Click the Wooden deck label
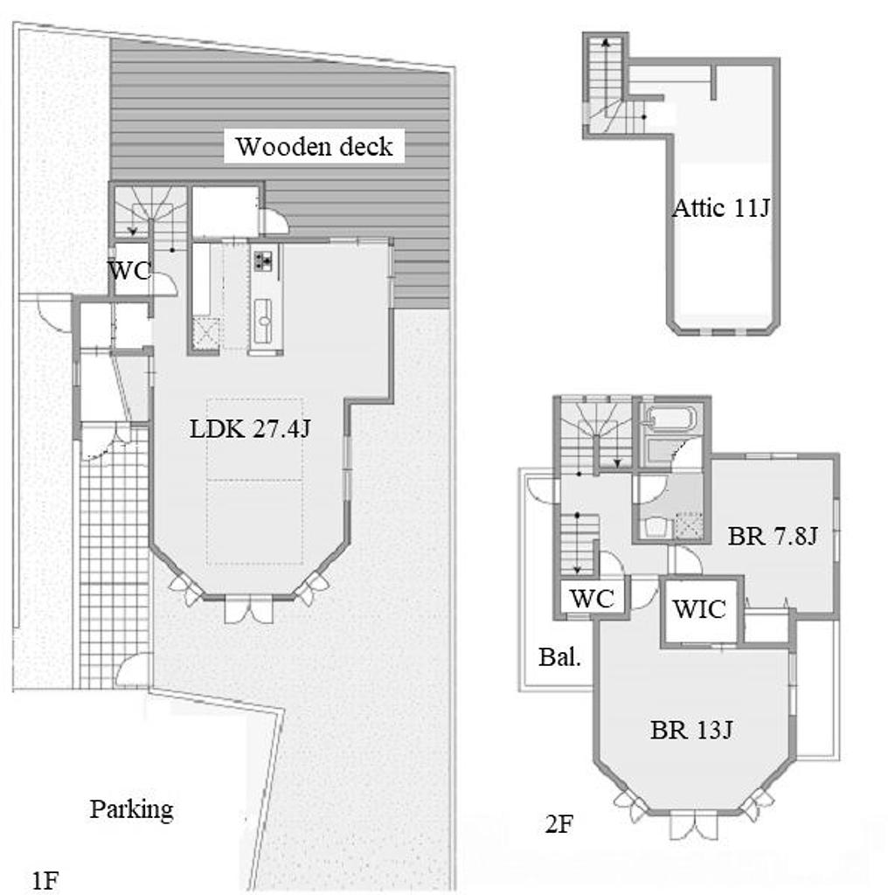tap(315, 147)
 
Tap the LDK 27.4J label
tap(250, 428)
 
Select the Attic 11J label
tap(721, 208)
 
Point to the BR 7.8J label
tap(773, 536)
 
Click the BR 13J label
tap(691, 730)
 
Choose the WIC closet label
tap(699, 609)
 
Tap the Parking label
tap(132, 810)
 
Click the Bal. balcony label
tap(560, 657)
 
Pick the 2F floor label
tap(559, 823)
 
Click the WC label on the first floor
tap(130, 271)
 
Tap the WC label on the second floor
tap(593, 598)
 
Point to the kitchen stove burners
tap(263, 260)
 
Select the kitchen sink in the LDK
tap(264, 321)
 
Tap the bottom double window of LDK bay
tap(249, 608)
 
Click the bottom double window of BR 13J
tap(693, 824)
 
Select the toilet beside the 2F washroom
tap(655, 526)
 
